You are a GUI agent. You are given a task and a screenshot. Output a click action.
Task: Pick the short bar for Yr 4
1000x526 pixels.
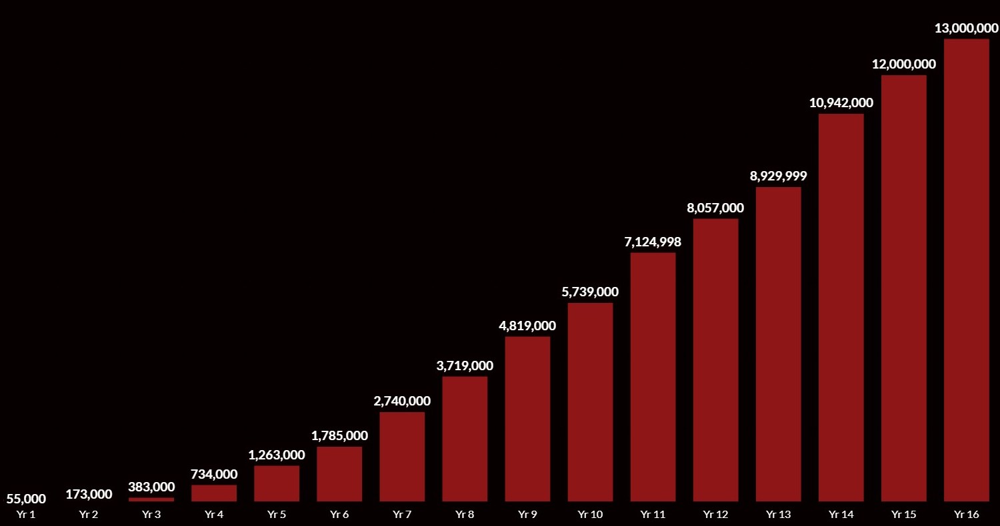click(214, 493)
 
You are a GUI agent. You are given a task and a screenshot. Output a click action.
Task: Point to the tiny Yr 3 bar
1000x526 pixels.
click(151, 499)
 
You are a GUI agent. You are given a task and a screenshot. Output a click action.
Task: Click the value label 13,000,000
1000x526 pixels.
click(966, 28)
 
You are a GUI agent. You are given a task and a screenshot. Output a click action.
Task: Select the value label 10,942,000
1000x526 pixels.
click(841, 103)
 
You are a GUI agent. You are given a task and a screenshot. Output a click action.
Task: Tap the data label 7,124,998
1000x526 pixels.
click(653, 242)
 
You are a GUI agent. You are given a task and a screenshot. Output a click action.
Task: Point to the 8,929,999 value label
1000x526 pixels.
click(778, 176)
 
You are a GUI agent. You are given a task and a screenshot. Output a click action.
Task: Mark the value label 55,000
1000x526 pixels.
click(26, 499)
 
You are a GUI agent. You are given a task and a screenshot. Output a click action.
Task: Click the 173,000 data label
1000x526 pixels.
click(89, 494)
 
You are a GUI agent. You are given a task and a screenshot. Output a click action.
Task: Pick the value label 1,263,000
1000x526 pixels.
click(277, 455)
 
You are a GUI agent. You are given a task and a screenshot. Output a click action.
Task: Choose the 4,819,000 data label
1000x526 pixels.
click(527, 326)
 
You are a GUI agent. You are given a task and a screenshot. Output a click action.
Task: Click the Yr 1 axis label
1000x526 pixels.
click(26, 515)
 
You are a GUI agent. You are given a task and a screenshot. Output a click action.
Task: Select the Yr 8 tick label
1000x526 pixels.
click(465, 515)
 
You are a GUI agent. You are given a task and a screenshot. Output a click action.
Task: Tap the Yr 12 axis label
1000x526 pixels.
click(715, 515)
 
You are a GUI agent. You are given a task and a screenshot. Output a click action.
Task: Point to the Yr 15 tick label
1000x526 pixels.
click(903, 515)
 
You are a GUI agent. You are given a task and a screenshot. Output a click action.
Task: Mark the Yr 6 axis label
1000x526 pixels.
click(339, 515)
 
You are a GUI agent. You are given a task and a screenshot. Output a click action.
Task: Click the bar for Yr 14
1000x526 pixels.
click(841, 307)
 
